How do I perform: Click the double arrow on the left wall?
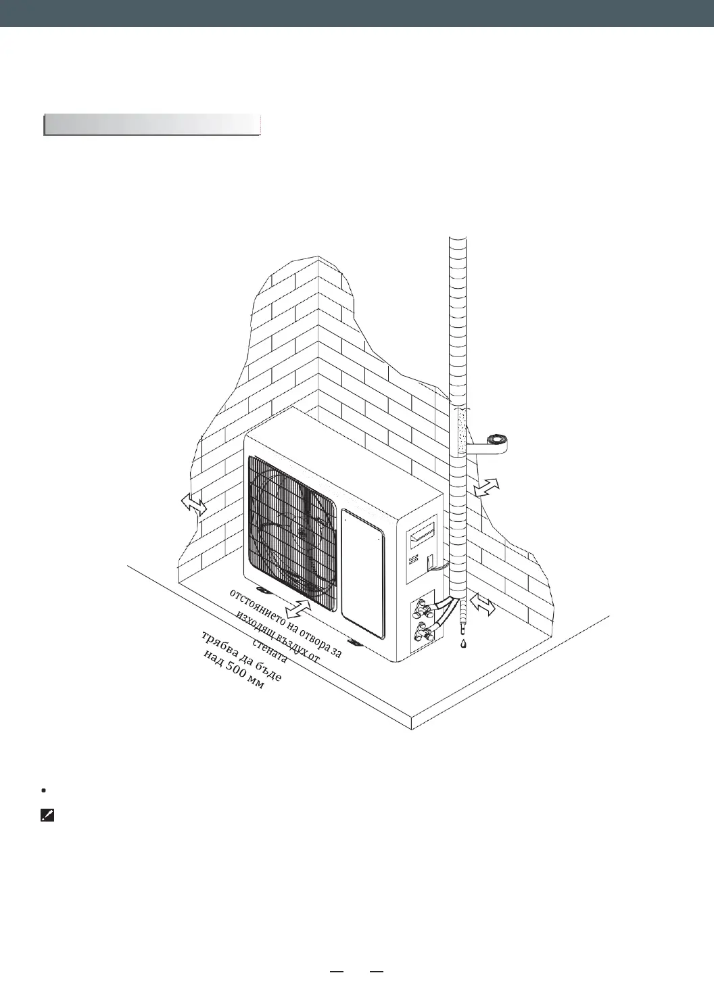[x=194, y=504]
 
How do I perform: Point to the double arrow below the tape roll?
[x=487, y=487]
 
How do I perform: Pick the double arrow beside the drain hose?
[x=483, y=604]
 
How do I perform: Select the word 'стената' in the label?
[x=270, y=649]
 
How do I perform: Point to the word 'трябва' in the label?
[x=218, y=645]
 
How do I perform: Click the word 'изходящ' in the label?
[x=254, y=625]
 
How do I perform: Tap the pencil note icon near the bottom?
[x=47, y=816]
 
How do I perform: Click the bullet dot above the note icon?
[x=43, y=790]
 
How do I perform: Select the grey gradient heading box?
[x=152, y=125]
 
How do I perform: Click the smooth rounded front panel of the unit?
[x=363, y=575]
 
